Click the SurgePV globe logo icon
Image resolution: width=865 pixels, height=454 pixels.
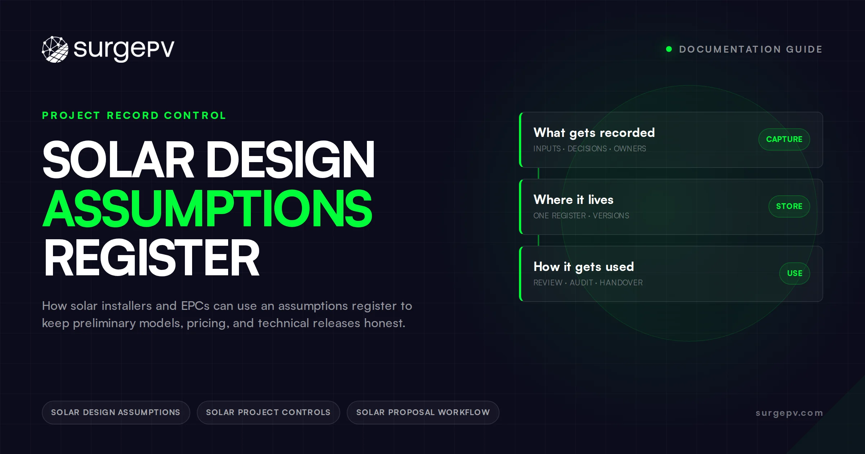tap(55, 49)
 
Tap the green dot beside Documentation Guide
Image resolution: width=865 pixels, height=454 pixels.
tap(669, 49)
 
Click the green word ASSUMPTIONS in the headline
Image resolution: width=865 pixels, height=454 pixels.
tap(208, 209)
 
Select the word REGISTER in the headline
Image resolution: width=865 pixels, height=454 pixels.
tap(151, 258)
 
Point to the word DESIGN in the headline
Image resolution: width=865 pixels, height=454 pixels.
tap(290, 159)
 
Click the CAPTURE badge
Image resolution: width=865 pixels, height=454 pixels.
tap(784, 139)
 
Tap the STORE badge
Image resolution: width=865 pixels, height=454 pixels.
tap(789, 206)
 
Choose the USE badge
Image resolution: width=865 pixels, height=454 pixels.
tap(794, 273)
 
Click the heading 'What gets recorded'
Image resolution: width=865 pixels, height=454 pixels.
tap(594, 133)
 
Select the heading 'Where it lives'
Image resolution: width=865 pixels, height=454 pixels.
tap(573, 200)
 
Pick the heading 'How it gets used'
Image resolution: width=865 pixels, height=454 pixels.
tap(584, 267)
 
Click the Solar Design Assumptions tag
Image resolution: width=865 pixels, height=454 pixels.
tap(116, 413)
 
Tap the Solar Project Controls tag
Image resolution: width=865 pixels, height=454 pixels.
tap(268, 413)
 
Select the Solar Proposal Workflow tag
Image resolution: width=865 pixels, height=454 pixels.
tap(423, 413)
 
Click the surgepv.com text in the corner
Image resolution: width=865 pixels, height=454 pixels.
tap(789, 413)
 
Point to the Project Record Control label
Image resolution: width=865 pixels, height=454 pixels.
tap(134, 116)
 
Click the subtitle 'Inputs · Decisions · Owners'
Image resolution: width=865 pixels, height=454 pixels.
tap(590, 149)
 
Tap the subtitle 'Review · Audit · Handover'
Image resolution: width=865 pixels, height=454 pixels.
tap(588, 283)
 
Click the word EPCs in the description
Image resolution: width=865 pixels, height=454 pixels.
tap(195, 306)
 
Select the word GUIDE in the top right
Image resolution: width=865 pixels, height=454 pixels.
tap(804, 49)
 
